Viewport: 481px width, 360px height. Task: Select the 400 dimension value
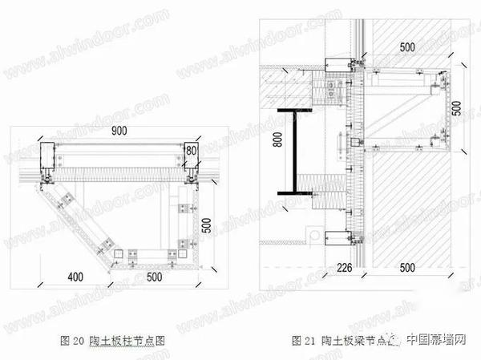click(x=75, y=277)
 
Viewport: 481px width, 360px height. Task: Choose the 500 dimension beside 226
click(x=406, y=266)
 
